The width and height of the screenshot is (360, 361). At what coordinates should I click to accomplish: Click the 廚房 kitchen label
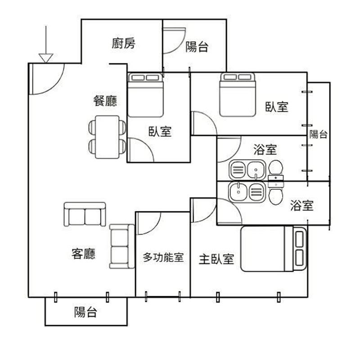coord(123,44)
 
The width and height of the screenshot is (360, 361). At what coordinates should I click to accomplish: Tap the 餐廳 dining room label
coord(105,101)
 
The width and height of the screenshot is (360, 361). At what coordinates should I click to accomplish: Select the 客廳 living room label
coord(83,254)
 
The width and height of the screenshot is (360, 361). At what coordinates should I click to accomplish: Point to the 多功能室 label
coord(163,258)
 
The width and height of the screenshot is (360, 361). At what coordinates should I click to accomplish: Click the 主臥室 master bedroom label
coord(216,259)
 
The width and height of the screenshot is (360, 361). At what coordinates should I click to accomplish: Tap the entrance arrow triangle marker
coord(46,58)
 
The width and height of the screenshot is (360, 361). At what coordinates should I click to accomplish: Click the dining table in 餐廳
coord(108,137)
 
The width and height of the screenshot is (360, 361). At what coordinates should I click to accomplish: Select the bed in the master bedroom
coord(274,249)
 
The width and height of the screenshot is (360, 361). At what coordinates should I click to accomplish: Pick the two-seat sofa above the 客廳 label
coord(85,214)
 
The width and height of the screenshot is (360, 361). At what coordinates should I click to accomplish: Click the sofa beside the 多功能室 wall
coord(122,246)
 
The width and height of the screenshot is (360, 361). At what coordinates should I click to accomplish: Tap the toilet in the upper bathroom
coord(276,170)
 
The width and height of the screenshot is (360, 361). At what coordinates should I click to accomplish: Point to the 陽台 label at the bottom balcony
coord(85,312)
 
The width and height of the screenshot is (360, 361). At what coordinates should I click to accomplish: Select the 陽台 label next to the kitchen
coord(197,47)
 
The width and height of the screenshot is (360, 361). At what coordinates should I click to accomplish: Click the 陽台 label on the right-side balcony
coord(318,134)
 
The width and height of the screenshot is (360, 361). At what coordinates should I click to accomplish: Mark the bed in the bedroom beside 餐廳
coord(146,95)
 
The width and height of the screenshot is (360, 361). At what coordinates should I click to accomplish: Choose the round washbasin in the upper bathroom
coord(256,170)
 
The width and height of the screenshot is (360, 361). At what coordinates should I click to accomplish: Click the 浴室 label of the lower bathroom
coord(301,205)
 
